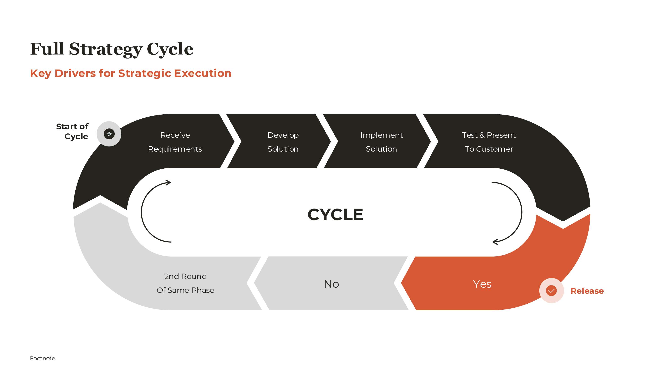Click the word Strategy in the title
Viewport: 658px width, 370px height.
tap(105, 49)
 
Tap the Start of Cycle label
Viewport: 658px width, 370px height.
tap(72, 131)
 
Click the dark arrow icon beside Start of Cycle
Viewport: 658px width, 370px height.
tap(109, 134)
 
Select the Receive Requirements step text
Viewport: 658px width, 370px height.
tap(175, 142)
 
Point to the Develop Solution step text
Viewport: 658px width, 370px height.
tap(283, 142)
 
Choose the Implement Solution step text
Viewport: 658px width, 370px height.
tap(381, 142)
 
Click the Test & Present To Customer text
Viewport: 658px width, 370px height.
tap(489, 142)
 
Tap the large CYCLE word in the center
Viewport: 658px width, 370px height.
tap(335, 215)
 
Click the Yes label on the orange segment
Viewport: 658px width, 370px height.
tap(482, 284)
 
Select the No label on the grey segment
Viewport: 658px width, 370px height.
tap(331, 284)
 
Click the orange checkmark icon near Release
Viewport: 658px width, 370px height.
tap(551, 291)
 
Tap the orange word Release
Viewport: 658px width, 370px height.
tap(587, 291)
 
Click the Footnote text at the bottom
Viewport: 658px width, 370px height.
tap(42, 358)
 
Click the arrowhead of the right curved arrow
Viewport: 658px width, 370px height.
tap(494, 242)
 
